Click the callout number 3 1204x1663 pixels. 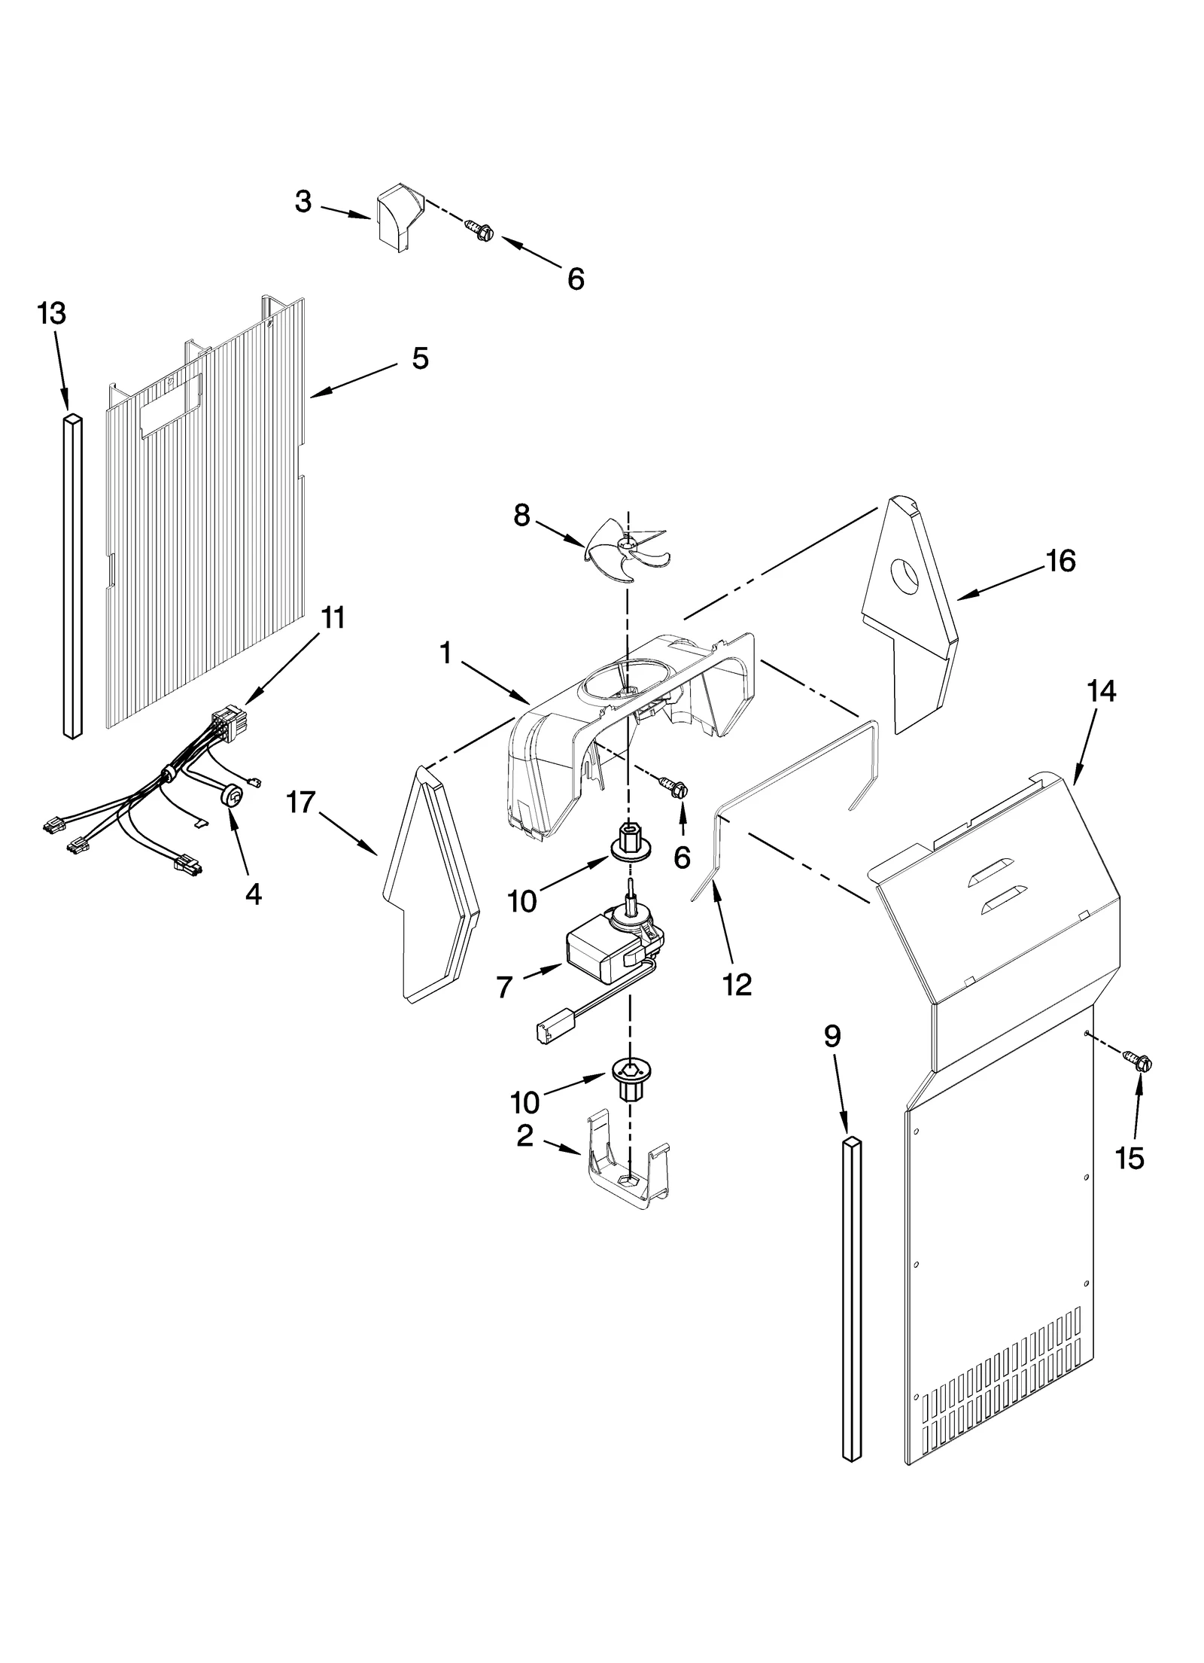(303, 201)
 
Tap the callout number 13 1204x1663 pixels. (51, 312)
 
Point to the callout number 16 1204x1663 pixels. (1060, 561)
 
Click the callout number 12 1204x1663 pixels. (737, 984)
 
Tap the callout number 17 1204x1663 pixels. (300, 803)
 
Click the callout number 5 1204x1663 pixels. (420, 358)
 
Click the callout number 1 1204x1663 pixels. (445, 653)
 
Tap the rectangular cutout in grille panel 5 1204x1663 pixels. (172, 403)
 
